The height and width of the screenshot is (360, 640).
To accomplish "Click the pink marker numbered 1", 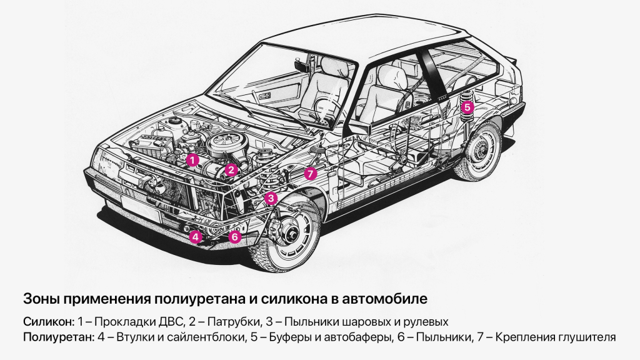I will coord(193,160).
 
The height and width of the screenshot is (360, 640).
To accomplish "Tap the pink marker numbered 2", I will coord(231,169).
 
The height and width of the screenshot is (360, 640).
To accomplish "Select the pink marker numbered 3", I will coord(271,199).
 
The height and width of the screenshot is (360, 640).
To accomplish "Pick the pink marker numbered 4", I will coord(196,237).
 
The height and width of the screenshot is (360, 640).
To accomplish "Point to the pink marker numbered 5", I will coord(467,107).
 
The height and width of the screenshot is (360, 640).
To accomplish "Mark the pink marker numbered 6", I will coord(234,237).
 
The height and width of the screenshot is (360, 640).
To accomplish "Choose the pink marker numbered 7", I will coord(311,174).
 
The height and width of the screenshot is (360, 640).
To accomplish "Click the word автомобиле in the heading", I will coord(389,299).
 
